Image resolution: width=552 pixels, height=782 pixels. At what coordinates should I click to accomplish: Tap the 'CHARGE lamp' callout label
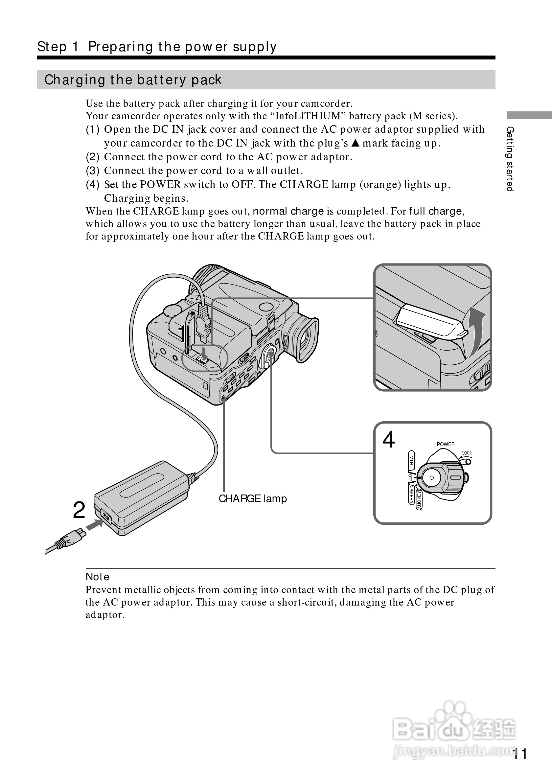253,499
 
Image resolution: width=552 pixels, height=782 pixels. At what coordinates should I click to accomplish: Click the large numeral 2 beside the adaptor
79,511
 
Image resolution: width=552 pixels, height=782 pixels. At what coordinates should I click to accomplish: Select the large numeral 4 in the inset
389,440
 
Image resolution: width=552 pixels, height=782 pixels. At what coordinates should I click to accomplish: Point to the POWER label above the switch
446,444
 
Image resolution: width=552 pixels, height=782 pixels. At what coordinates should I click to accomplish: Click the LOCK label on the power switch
467,453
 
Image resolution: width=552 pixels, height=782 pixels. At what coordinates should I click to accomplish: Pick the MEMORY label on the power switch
419,499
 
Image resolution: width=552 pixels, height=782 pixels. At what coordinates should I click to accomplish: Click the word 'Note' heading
98,577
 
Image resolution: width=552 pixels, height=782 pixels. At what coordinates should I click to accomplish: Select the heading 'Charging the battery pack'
133,80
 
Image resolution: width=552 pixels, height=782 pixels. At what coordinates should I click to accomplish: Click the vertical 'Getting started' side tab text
510,159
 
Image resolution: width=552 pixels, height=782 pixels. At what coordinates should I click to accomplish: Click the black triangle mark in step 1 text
355,143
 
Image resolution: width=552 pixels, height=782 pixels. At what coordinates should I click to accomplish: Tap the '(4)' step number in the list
92,185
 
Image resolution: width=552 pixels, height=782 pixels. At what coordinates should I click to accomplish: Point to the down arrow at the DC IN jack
204,353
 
